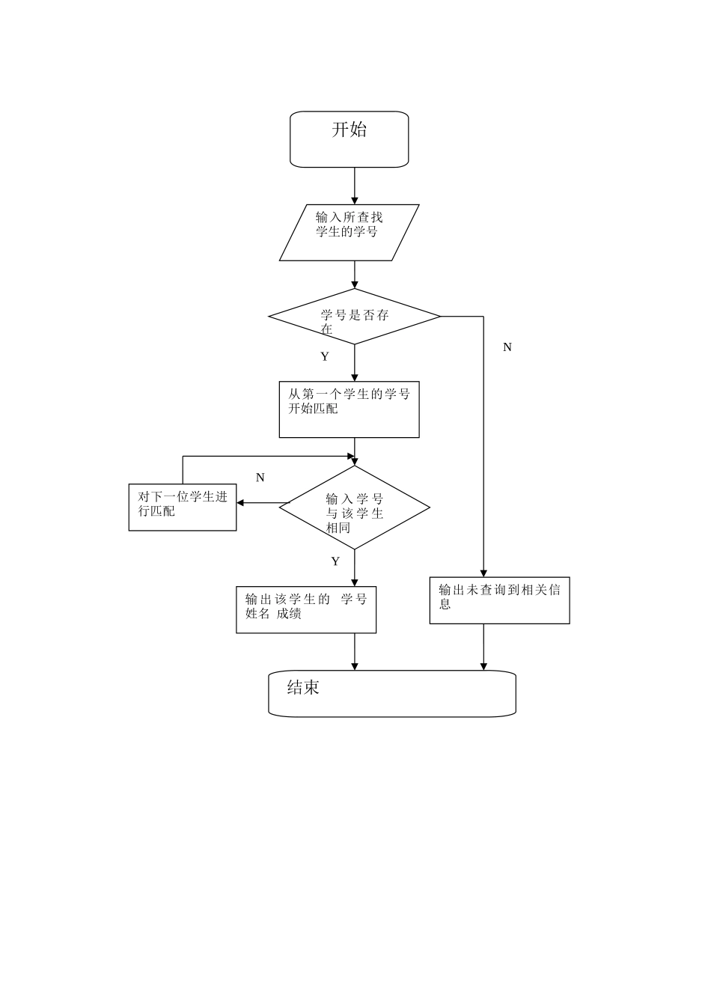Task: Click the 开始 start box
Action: tap(349, 139)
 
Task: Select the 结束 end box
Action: tap(391, 693)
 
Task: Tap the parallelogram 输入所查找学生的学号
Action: tap(349, 232)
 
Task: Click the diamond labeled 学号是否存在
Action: tap(354, 317)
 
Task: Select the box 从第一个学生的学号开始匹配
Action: tap(349, 409)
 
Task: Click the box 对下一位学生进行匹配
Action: tap(183, 507)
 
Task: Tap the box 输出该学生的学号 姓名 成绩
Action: tap(305, 609)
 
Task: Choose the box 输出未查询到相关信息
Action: tap(499, 600)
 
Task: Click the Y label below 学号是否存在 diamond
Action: tap(325, 357)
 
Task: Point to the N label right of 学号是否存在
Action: tap(507, 347)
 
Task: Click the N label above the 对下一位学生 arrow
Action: tap(260, 478)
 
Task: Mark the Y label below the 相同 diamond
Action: tap(335, 561)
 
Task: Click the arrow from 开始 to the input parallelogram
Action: tap(355, 185)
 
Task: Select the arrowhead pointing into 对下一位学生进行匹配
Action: tap(241, 503)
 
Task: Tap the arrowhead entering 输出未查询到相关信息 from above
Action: tap(483, 573)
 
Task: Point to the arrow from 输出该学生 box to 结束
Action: tap(355, 651)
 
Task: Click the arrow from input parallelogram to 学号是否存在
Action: tap(355, 274)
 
